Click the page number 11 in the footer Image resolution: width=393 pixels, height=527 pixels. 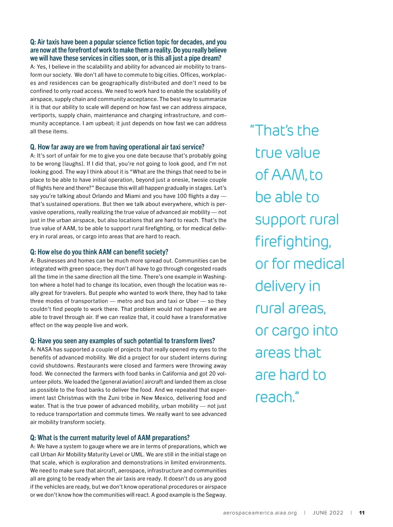click(362, 513)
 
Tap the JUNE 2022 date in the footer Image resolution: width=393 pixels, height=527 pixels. click(328, 513)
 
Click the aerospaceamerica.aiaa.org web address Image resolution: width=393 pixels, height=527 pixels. click(260, 513)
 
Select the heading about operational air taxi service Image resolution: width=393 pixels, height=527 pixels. click(117, 147)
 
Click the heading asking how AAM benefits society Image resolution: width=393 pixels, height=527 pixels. click(99, 252)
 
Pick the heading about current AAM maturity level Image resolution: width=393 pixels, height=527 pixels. click(110, 438)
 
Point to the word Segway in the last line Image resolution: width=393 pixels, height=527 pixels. click(216, 495)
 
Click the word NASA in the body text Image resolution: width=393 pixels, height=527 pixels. click(44, 349)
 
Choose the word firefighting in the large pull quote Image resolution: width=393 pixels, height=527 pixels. click(293, 242)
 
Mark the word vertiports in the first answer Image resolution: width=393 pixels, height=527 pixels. click(43, 115)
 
